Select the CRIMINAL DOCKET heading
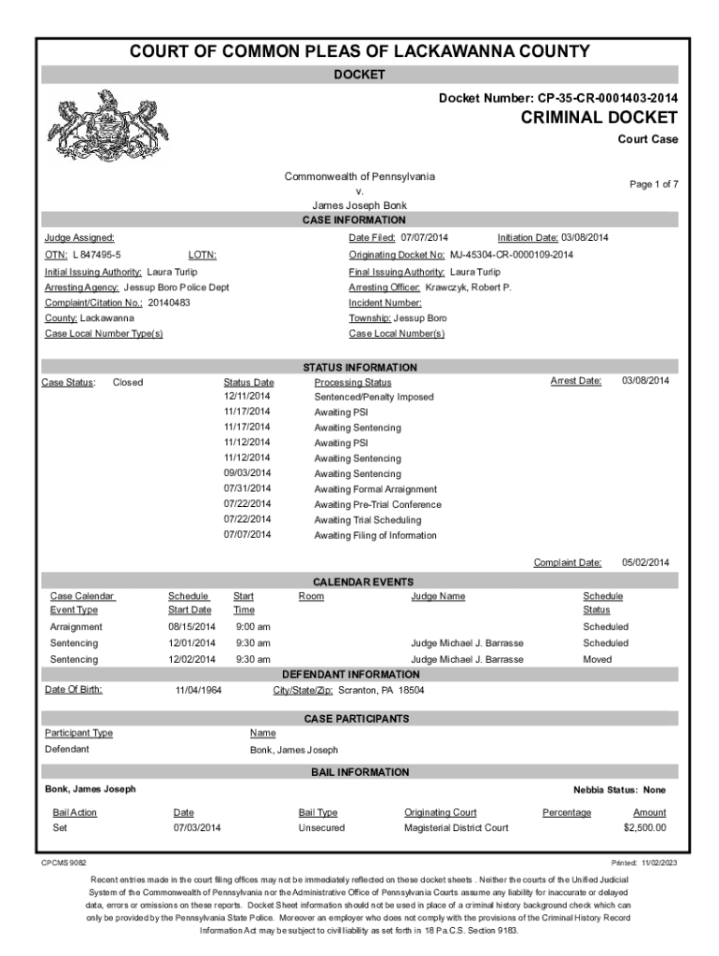point(599,118)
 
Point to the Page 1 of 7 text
point(654,185)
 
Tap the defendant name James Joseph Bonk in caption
point(359,205)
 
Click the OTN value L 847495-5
point(97,255)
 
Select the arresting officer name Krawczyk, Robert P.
point(468,288)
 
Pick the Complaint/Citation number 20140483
point(170,302)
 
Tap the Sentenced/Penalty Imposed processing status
point(374,398)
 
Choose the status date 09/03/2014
point(247,474)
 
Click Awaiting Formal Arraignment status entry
point(375,489)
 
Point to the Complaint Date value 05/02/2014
point(646,562)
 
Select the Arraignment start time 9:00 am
point(253,626)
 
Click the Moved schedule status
point(598,659)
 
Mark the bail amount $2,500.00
point(644,828)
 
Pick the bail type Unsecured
point(321,828)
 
